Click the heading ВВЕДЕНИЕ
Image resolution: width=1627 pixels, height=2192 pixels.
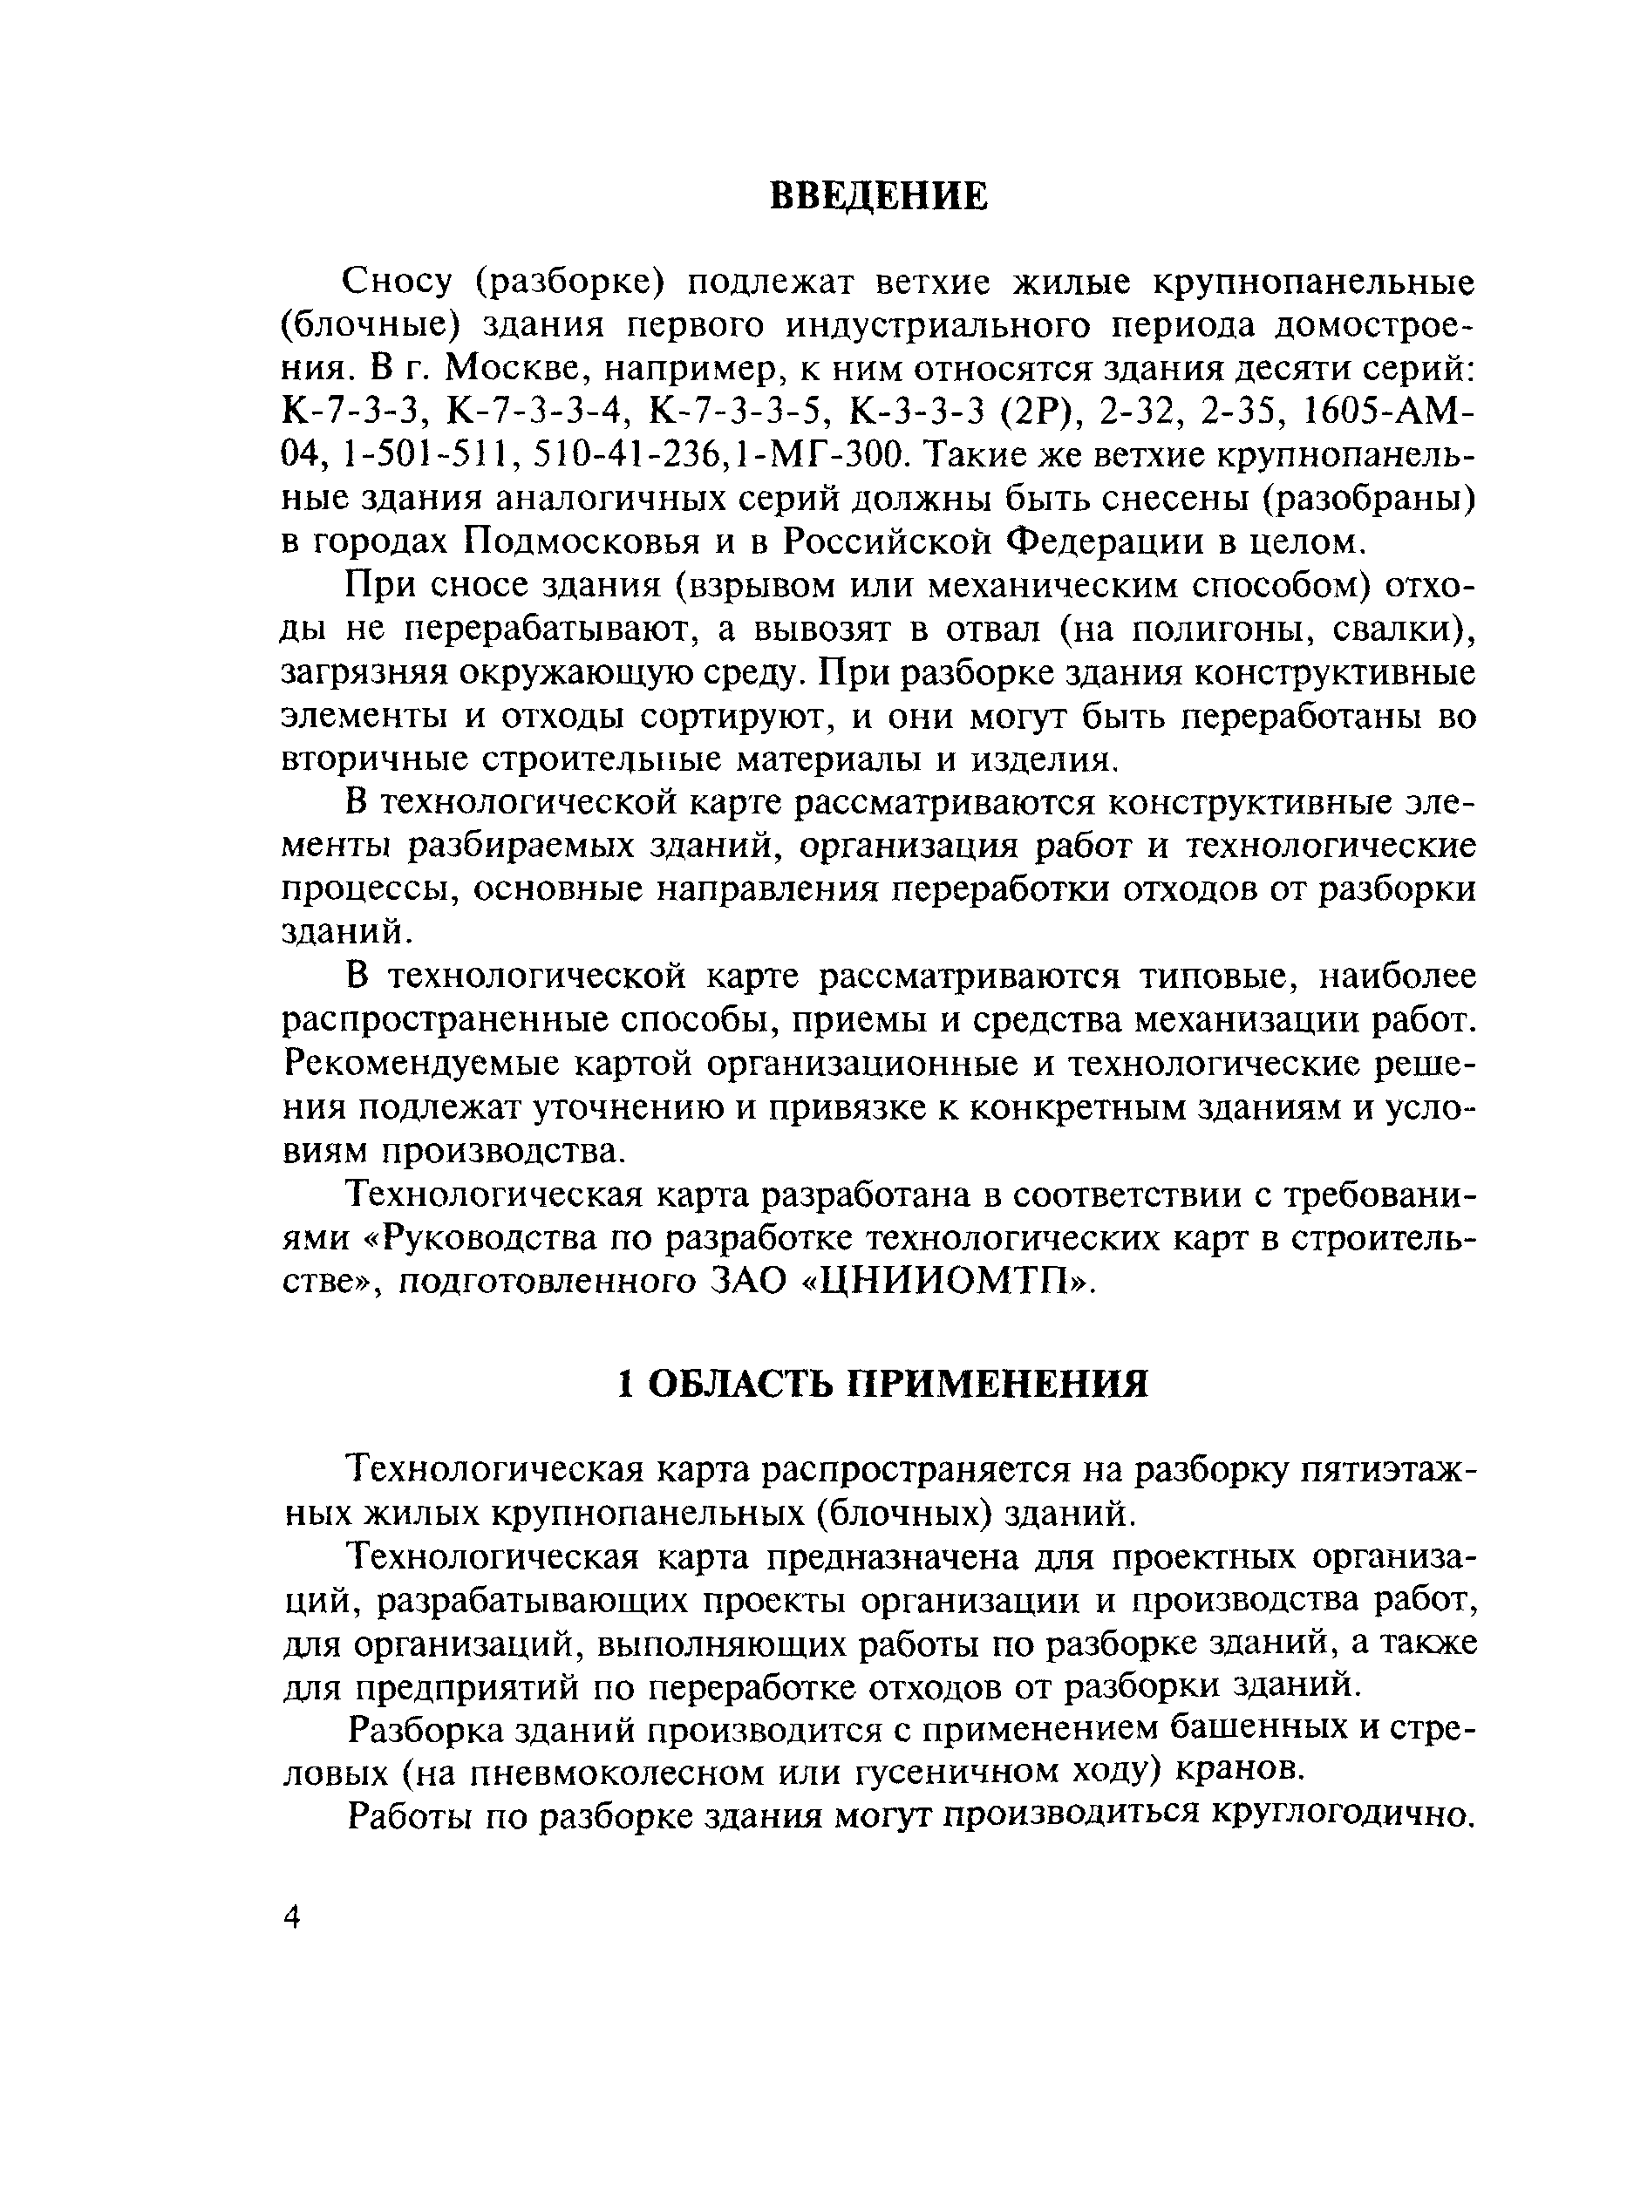pos(877,196)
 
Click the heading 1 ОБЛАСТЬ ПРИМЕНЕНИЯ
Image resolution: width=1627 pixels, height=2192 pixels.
pos(882,1384)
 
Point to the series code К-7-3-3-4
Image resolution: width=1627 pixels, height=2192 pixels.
pos(537,412)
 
